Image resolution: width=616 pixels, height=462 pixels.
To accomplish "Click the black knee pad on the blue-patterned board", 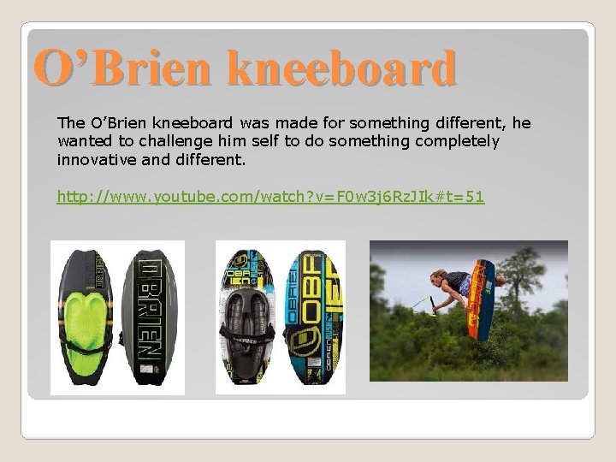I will point(246,325).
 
